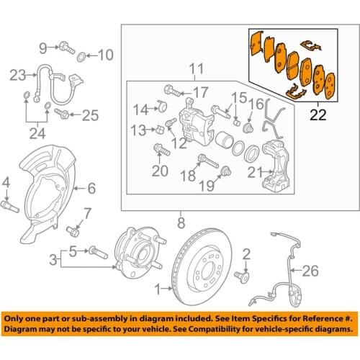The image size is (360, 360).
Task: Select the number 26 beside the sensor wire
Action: (x=309, y=271)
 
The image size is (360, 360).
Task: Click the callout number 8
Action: (x=181, y=222)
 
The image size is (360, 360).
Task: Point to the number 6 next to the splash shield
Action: (x=91, y=189)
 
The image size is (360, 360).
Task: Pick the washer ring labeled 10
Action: (x=84, y=55)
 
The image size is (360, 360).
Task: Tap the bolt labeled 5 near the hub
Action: (x=96, y=253)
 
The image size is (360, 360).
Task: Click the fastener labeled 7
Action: (x=75, y=232)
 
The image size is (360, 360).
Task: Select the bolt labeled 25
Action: (x=61, y=114)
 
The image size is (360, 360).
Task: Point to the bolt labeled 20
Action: (x=160, y=150)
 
